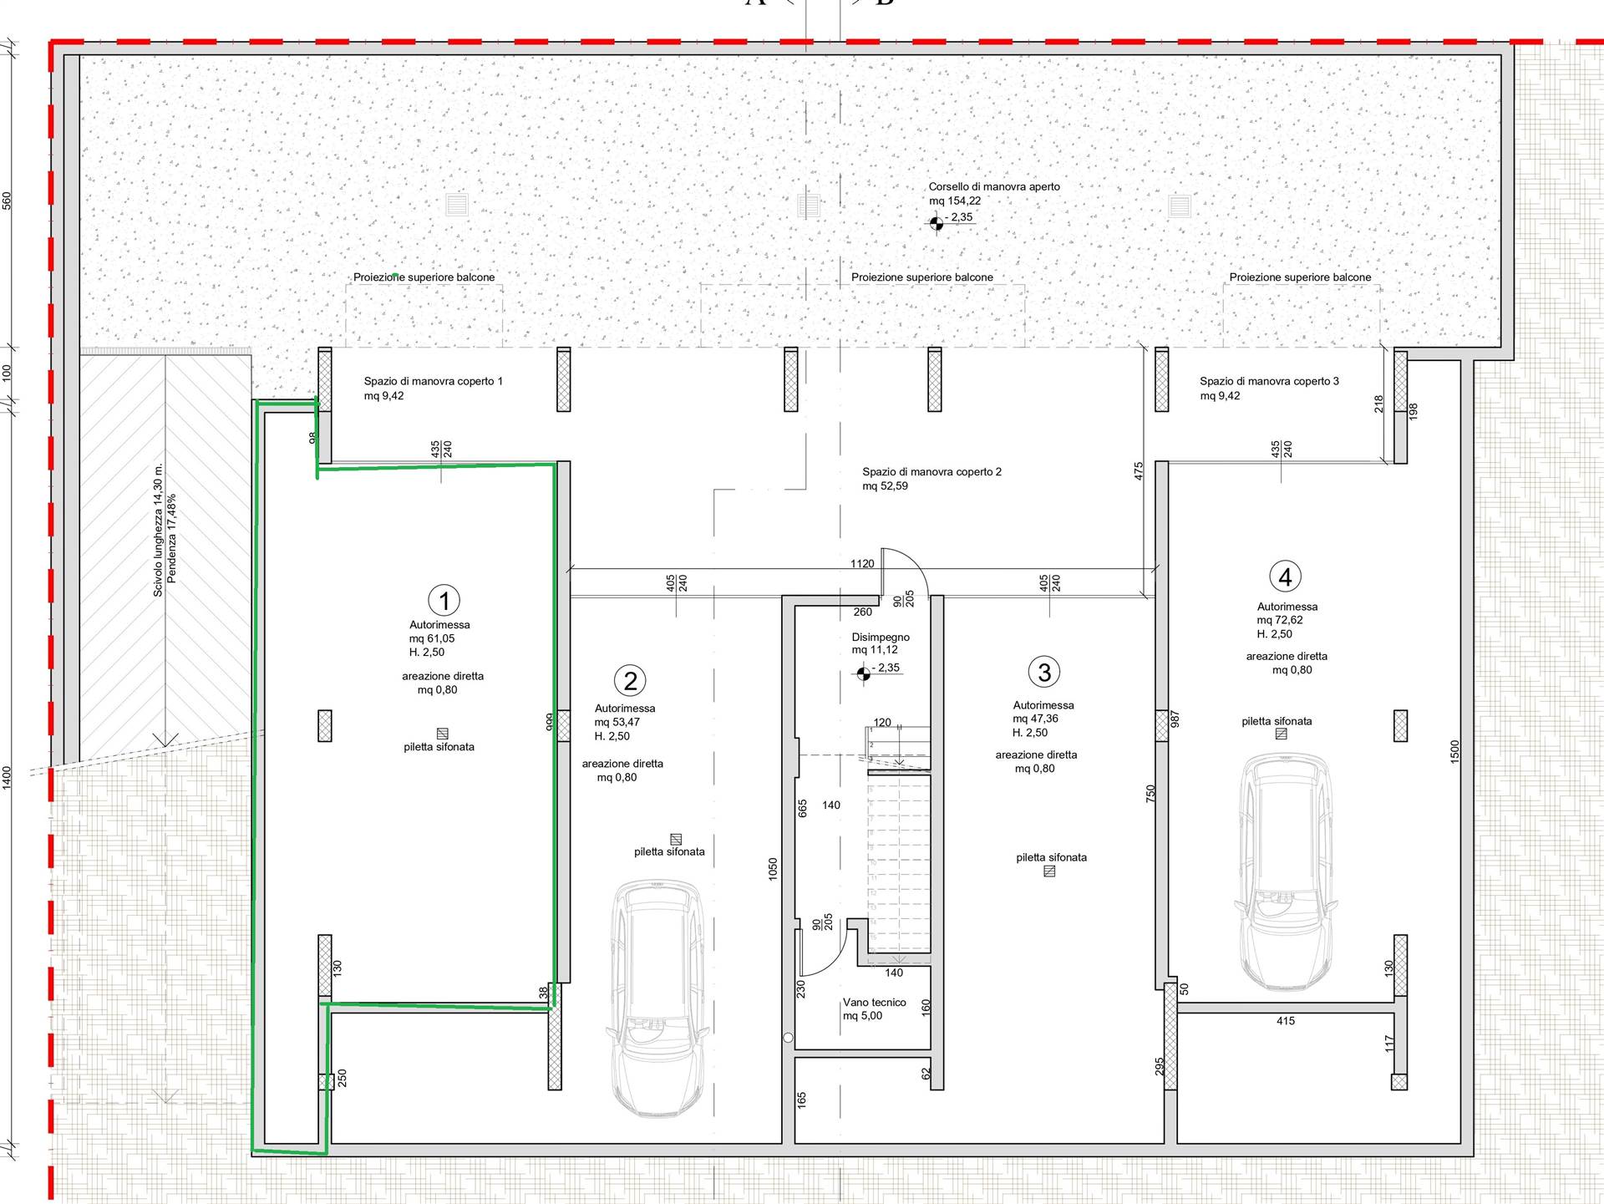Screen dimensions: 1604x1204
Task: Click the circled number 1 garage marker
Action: click(444, 600)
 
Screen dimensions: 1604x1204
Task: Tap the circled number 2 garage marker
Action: click(630, 680)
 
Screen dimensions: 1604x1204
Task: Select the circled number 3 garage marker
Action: click(1043, 671)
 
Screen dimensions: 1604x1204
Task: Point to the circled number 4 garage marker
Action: click(1285, 577)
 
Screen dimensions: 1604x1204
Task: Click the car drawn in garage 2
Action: click(657, 998)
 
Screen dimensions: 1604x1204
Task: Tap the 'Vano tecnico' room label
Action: click(874, 1002)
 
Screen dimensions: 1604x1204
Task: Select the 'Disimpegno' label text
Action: click(881, 637)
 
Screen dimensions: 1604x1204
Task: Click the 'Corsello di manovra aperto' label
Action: click(994, 186)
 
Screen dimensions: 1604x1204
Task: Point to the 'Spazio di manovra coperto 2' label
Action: click(931, 471)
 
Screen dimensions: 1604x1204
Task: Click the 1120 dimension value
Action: click(862, 563)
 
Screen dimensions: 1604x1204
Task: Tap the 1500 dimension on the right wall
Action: click(1454, 750)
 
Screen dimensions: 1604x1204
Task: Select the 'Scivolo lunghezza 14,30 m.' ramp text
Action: click(158, 530)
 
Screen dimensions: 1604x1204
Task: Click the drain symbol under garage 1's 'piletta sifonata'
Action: click(442, 734)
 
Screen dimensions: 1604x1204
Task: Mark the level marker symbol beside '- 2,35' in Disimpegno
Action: click(863, 673)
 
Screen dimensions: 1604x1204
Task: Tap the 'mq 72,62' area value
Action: click(1280, 620)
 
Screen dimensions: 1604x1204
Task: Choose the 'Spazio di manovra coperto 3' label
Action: click(1269, 381)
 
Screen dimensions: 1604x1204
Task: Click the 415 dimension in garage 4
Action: click(1286, 1020)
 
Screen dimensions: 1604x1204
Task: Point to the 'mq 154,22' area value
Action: click(955, 201)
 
